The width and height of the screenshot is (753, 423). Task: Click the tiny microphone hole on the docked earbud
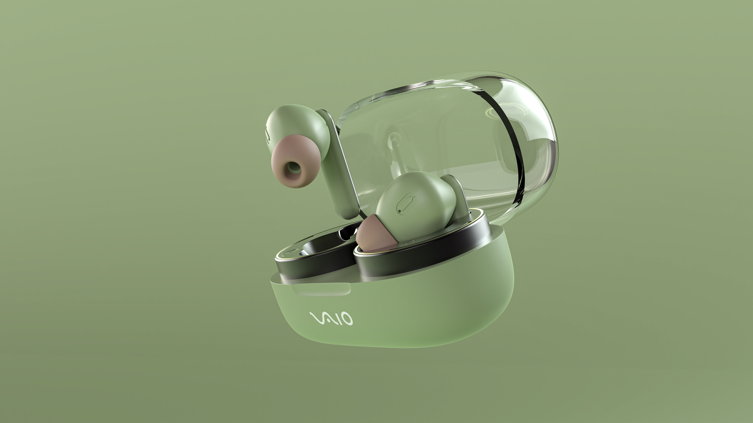[399, 210]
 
